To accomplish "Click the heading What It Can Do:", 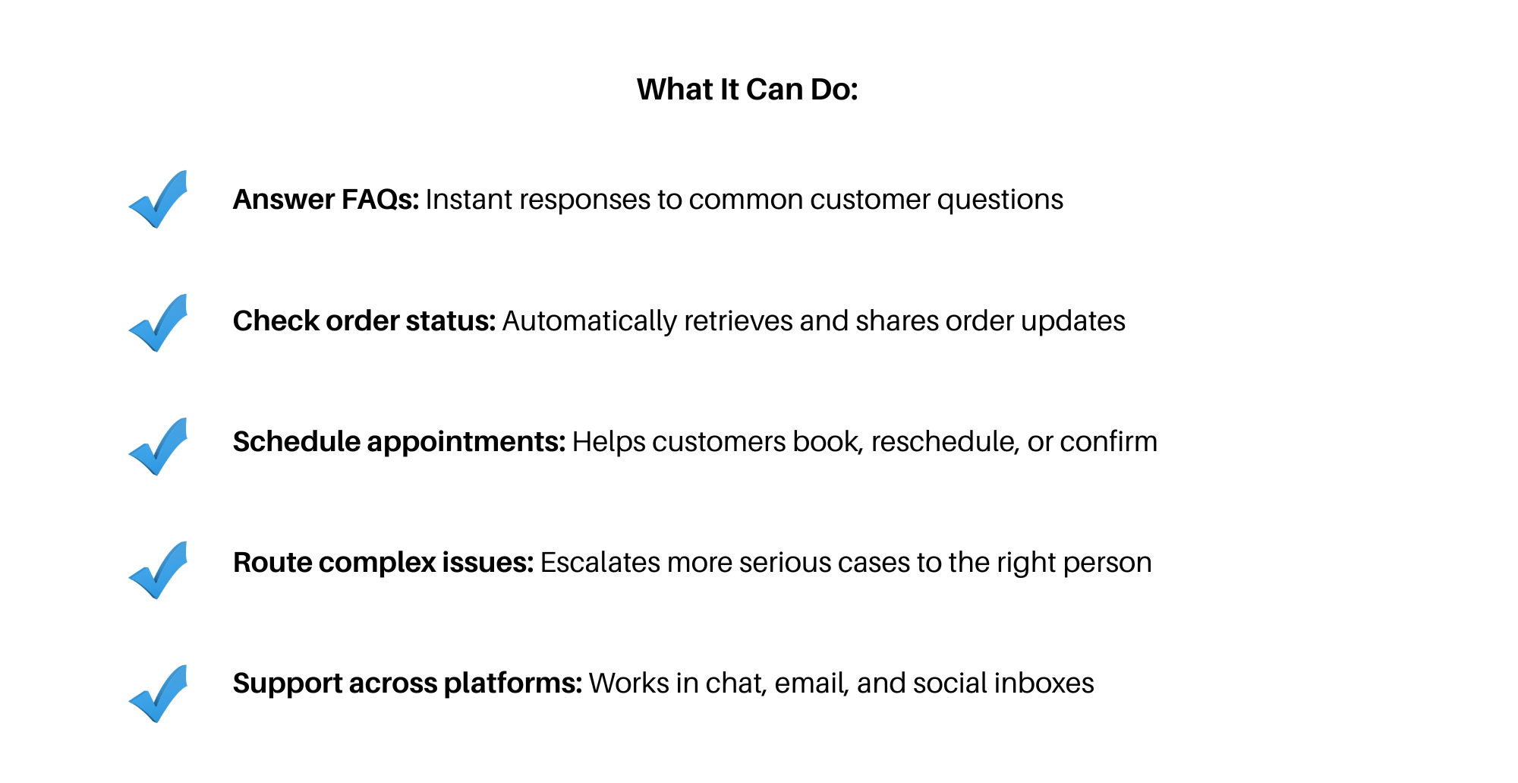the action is pyautogui.click(x=747, y=90).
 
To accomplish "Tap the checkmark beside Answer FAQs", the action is pyautogui.click(x=158, y=199).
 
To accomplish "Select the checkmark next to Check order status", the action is pyautogui.click(x=158, y=323).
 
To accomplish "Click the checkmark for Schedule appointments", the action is pyautogui.click(x=158, y=447).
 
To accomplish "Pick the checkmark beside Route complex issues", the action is pyautogui.click(x=158, y=570).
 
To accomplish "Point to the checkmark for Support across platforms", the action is pyautogui.click(x=158, y=693).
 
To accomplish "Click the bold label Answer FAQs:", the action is pyautogui.click(x=326, y=200).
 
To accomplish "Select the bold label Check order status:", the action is pyautogui.click(x=364, y=321).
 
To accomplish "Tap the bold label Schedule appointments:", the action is pyautogui.click(x=399, y=442).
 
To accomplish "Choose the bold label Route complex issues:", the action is pyautogui.click(x=383, y=563).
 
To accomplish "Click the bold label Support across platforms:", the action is pyautogui.click(x=408, y=684).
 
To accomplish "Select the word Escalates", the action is pyautogui.click(x=600, y=563).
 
